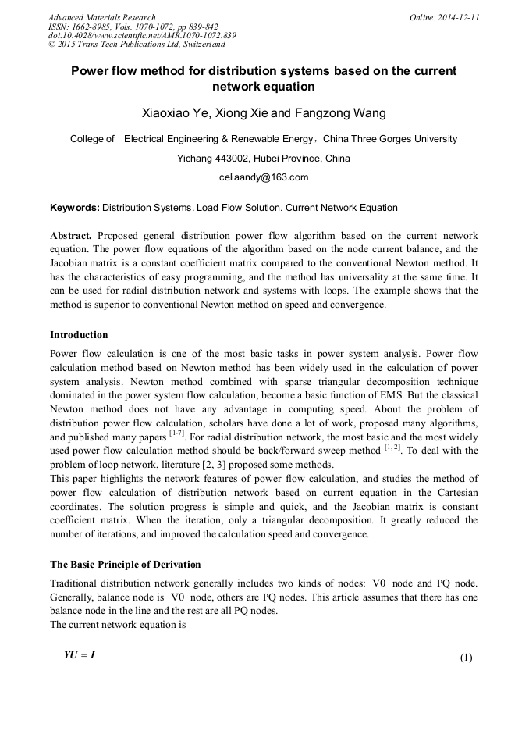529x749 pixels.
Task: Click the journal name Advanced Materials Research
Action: click(101, 17)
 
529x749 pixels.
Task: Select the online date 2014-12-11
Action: click(459, 17)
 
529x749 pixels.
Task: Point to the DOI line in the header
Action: click(142, 36)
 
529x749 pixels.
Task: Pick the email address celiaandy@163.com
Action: click(264, 177)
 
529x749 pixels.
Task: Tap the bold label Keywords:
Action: click(75, 209)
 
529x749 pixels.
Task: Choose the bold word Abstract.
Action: click(71, 236)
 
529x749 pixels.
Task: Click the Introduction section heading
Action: click(79, 335)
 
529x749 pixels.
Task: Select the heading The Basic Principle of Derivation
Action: click(125, 564)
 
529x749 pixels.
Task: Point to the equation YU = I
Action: click(80, 655)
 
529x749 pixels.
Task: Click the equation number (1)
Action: click(466, 658)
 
